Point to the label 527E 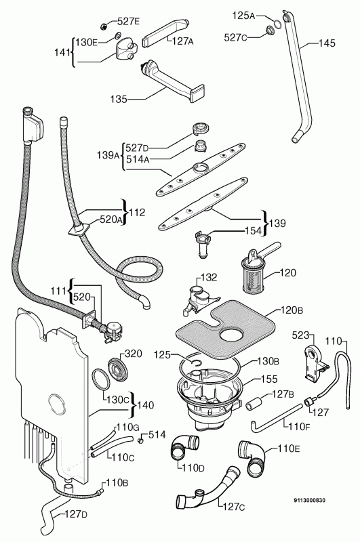click(x=127, y=22)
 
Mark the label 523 click(x=302, y=335)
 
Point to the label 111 click(x=58, y=291)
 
